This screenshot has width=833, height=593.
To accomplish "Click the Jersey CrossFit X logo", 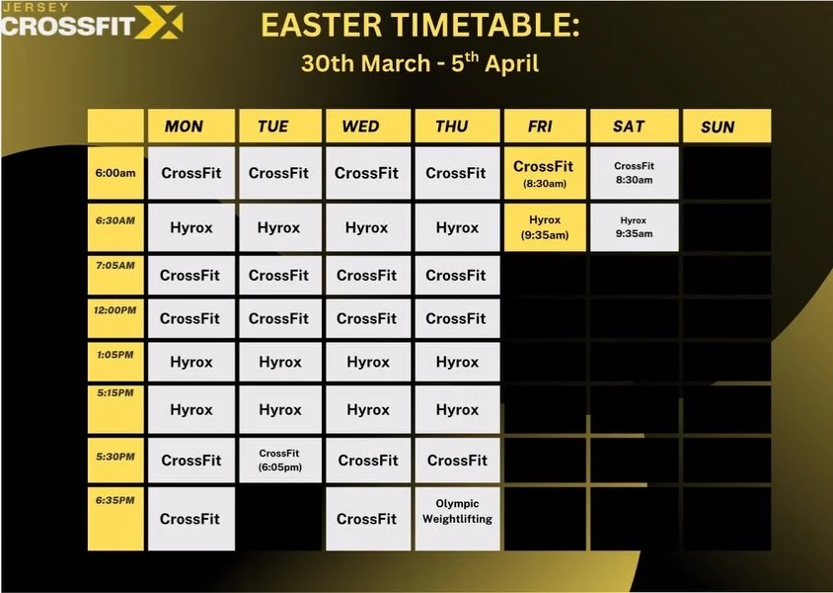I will coord(91,22).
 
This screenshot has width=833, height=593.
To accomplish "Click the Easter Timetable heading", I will coord(419,25).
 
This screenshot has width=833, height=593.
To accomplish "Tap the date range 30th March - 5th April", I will coord(419,63).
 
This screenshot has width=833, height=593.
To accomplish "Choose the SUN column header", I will coord(718,127).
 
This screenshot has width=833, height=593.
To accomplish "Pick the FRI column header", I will coord(541,127).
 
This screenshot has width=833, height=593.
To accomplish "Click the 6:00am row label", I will coord(115,173).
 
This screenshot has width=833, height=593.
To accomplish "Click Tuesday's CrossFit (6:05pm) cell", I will coord(279,460).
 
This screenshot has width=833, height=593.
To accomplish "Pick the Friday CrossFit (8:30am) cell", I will coord(543,173).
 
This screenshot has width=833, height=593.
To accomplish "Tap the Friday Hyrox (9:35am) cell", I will coord(545,227).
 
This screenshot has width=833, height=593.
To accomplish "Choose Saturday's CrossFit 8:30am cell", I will coord(634,173).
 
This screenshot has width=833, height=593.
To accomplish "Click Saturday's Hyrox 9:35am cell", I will coord(634,227).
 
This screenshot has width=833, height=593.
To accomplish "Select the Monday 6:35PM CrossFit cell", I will coord(190,518).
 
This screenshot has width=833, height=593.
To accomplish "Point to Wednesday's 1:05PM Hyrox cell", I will coord(368,362).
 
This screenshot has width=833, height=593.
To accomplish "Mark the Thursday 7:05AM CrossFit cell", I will coord(456,275).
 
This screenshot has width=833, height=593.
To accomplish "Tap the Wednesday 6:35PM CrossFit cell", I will coord(367,518).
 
